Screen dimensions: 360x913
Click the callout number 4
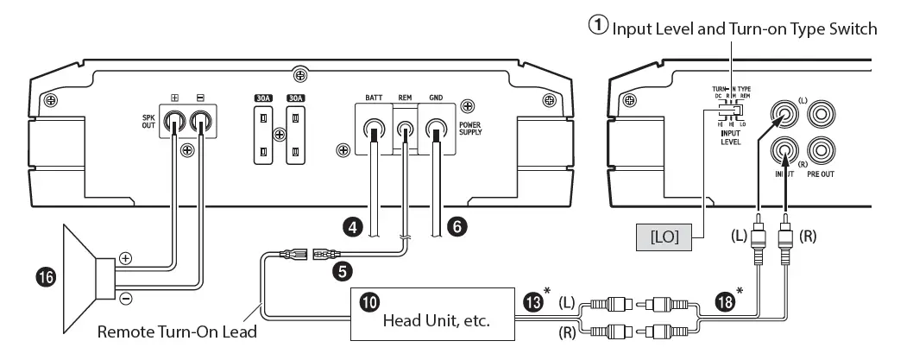point(351,227)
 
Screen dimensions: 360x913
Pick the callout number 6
point(457,227)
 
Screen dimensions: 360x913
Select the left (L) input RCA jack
point(784,113)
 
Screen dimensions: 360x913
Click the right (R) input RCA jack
point(784,150)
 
